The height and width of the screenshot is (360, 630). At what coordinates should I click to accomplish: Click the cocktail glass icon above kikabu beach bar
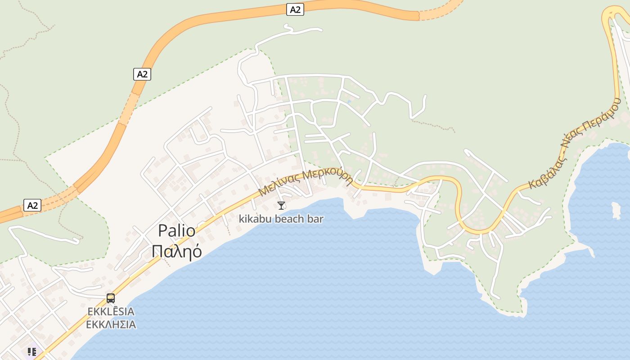(281, 206)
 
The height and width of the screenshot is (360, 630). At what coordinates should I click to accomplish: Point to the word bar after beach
(317, 219)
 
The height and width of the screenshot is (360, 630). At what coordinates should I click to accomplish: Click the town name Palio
(176, 231)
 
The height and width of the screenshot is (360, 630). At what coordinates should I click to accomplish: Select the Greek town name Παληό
(176, 252)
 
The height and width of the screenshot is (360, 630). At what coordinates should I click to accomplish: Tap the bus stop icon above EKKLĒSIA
(111, 298)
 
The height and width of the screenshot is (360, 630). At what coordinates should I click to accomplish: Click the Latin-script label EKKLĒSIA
(111, 311)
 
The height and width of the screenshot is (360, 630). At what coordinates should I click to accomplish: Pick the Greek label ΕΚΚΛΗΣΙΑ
(111, 324)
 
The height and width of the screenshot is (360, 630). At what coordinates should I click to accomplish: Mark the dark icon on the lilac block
(31, 351)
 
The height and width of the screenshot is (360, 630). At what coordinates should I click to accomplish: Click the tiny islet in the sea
(616, 210)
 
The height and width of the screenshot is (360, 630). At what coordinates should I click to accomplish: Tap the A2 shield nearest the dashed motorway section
(295, 9)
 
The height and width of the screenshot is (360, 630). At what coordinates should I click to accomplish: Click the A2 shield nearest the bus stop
(32, 206)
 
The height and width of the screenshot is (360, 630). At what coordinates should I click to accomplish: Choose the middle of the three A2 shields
(142, 74)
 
